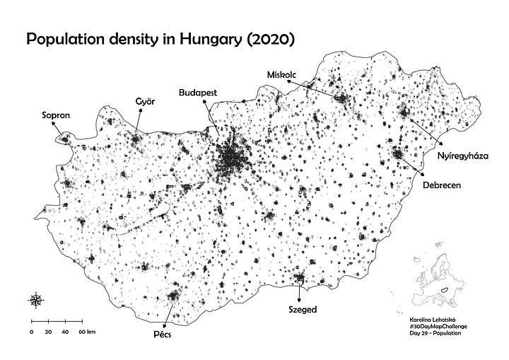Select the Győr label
145,102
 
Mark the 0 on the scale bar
31,331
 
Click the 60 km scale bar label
86,331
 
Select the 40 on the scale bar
65,331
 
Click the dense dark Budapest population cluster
232,159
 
